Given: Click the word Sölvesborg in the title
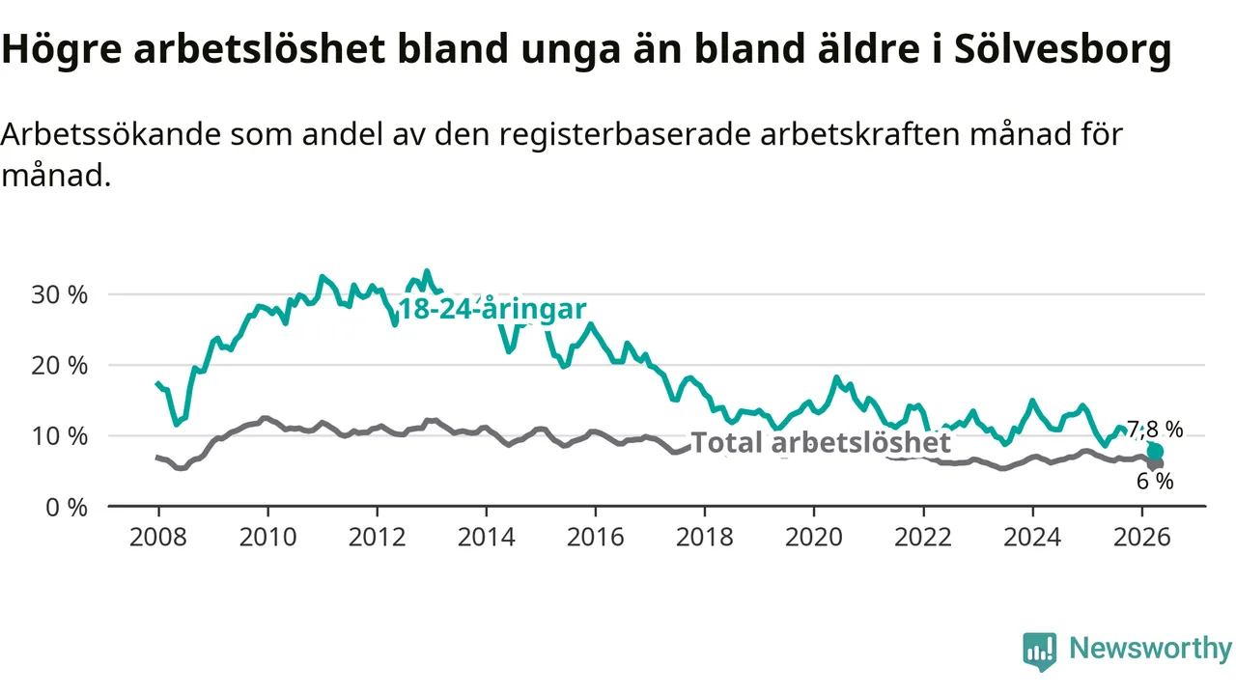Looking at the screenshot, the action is tap(1063, 49).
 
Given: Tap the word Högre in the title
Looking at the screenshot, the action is tap(62, 49).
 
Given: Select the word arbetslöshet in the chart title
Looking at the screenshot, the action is tap(260, 48).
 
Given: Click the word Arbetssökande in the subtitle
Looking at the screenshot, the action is tap(110, 134).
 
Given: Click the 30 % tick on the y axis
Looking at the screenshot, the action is tap(59, 295).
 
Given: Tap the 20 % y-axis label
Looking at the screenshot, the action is tap(59, 366).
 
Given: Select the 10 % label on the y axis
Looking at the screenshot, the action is tap(59, 436).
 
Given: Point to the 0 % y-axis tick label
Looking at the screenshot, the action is tap(67, 508).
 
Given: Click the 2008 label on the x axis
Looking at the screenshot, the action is tap(158, 538).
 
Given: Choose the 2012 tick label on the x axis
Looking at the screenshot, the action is tap(377, 538).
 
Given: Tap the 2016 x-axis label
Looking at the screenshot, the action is tap(596, 538).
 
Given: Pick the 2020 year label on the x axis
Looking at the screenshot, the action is tap(814, 538).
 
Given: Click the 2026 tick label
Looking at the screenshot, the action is tap(1141, 538).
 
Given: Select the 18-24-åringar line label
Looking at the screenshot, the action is tap(492, 309).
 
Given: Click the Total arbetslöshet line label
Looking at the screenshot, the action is tap(821, 442).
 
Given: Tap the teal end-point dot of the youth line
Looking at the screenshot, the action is tap(1155, 452).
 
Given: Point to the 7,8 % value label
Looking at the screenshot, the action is tap(1155, 430).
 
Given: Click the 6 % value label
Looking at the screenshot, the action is tap(1155, 482).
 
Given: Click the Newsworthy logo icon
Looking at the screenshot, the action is tap(1040, 652).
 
